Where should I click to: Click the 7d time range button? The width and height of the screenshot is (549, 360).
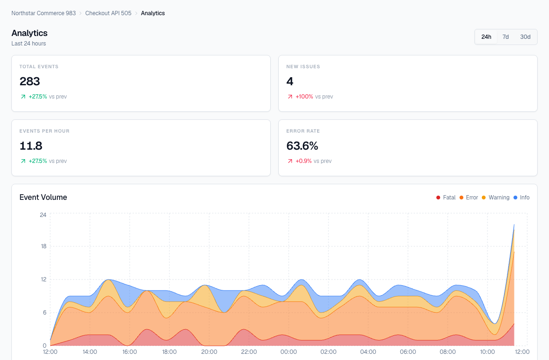pyautogui.click(x=505, y=37)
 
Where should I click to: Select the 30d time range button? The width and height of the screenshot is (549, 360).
pyautogui.click(x=525, y=37)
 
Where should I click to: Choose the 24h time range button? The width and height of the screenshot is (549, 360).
pyautogui.click(x=486, y=37)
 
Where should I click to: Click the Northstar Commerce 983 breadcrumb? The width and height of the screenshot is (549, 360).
pyautogui.click(x=44, y=13)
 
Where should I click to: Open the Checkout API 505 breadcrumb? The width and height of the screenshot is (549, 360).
pyautogui.click(x=108, y=13)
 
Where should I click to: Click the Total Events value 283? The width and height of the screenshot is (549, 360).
pyautogui.click(x=30, y=81)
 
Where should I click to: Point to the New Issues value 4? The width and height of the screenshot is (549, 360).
pyautogui.click(x=290, y=81)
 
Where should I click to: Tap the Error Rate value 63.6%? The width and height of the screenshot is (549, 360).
pyautogui.click(x=302, y=146)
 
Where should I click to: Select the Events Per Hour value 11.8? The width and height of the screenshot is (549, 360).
pyautogui.click(x=31, y=146)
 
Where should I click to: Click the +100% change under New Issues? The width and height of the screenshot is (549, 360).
pyautogui.click(x=304, y=97)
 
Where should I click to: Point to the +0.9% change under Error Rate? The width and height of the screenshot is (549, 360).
pyautogui.click(x=303, y=161)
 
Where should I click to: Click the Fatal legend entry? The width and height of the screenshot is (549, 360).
pyautogui.click(x=446, y=198)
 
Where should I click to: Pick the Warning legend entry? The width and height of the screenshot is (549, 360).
pyautogui.click(x=496, y=198)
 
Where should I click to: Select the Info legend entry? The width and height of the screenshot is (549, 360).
pyautogui.click(x=522, y=198)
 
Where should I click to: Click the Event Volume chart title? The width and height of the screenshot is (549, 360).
pyautogui.click(x=43, y=198)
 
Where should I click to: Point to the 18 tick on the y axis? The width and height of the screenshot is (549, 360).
pyautogui.click(x=43, y=246)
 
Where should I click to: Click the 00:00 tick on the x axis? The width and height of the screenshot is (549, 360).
pyautogui.click(x=289, y=352)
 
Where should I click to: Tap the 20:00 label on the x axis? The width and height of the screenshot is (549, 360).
pyautogui.click(x=209, y=352)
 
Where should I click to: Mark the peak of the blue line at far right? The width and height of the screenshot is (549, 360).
pyautogui.click(x=514, y=225)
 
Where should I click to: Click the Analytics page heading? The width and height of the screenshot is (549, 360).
pyautogui.click(x=29, y=33)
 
